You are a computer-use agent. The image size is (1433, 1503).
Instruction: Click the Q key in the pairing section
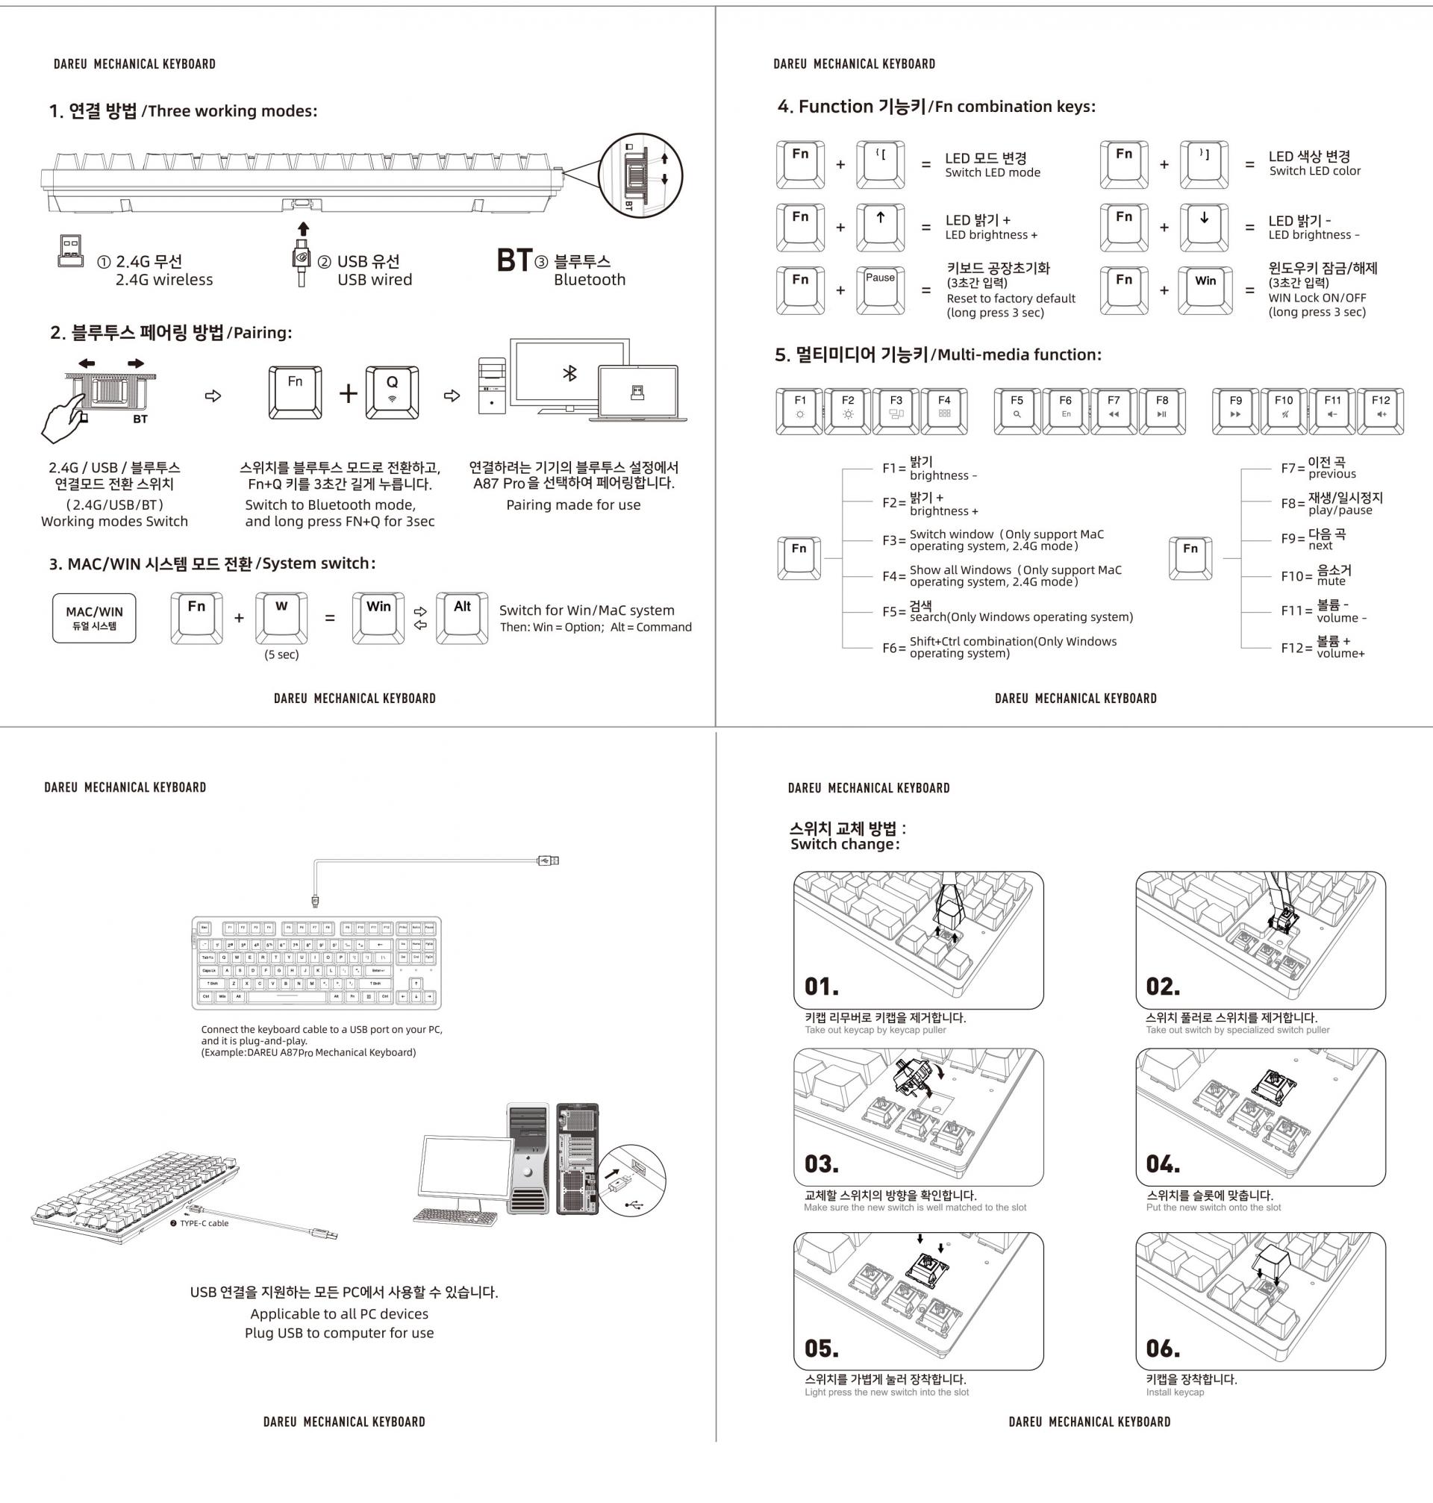(392, 393)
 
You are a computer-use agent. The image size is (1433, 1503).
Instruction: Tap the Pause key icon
(880, 290)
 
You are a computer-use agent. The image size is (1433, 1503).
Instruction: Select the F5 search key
(1017, 411)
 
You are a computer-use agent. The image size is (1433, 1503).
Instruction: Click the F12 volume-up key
(1380, 411)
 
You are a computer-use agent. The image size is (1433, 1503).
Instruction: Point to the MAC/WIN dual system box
(94, 618)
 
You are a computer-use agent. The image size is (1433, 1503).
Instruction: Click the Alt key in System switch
(462, 618)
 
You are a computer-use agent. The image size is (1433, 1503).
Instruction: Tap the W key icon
(281, 618)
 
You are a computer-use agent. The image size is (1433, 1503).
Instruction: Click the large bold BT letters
(513, 260)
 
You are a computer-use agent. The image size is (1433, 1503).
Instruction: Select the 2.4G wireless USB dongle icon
(70, 250)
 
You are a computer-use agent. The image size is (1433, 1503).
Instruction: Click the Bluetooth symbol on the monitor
(569, 373)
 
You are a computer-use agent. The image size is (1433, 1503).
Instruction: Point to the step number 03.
(821, 1164)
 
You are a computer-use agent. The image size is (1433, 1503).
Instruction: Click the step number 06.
(1163, 1349)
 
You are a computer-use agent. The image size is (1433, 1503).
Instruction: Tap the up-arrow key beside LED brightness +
(880, 227)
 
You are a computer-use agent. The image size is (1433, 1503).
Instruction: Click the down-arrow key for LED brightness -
(1204, 227)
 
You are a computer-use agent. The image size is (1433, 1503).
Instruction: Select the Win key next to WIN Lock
(1205, 290)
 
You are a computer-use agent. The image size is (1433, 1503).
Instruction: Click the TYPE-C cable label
(204, 1223)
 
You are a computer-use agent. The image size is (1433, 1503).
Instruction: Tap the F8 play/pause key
(1162, 411)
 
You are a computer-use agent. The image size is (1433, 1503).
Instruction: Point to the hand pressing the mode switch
(63, 419)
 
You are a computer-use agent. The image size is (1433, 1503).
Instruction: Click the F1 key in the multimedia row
(800, 411)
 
